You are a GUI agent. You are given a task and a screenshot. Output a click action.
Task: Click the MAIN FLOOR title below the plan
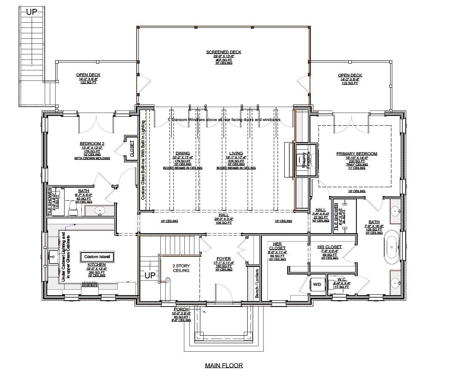224,365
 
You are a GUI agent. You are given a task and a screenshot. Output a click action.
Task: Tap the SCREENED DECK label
224,52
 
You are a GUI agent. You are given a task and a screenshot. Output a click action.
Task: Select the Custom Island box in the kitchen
97,256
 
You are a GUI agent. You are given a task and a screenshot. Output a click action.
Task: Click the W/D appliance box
317,284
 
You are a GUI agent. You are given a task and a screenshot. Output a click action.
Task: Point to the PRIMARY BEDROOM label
356,154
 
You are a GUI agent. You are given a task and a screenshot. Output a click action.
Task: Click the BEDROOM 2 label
92,144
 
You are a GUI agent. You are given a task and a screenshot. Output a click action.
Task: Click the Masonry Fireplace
302,160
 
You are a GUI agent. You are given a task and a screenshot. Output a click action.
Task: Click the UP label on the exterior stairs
32,12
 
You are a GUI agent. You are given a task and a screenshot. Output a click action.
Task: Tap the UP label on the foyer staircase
150,275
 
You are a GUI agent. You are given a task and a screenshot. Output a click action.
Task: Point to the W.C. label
342,279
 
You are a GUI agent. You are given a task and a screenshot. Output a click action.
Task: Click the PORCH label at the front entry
181,309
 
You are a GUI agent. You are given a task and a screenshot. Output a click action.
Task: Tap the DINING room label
183,153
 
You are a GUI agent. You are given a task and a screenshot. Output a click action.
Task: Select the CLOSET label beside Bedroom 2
131,148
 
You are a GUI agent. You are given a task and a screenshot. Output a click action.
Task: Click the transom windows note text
224,120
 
